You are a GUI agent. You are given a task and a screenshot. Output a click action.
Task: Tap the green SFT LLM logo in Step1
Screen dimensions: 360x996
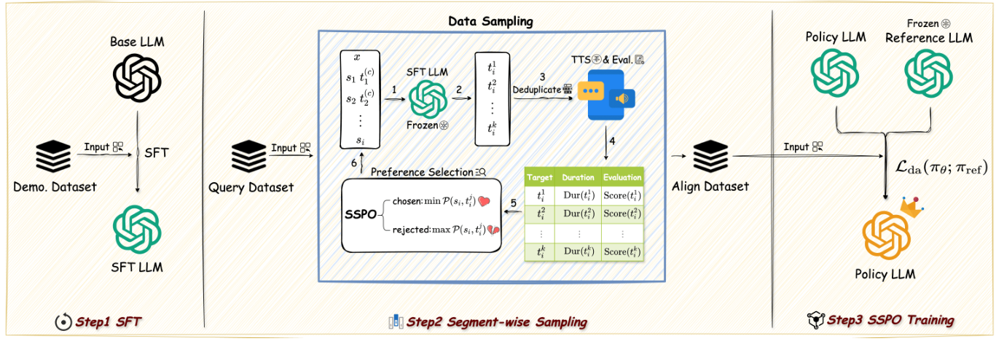pyautogui.click(x=137, y=230)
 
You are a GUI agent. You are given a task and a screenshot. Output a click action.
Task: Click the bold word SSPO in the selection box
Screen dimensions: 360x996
pyautogui.click(x=361, y=216)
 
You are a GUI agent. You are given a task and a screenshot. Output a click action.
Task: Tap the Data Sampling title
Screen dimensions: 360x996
pyautogui.click(x=490, y=21)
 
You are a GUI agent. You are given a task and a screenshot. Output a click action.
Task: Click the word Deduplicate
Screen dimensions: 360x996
pyautogui.click(x=537, y=89)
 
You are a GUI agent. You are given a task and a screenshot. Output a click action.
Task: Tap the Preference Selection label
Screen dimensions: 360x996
pyautogui.click(x=420, y=172)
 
